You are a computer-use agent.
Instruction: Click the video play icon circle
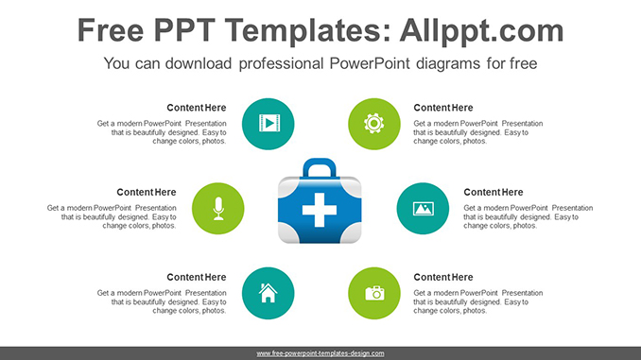click(269, 124)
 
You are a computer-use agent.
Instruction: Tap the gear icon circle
click(374, 124)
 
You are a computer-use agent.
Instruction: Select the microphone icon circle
click(217, 209)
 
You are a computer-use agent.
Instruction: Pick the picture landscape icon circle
click(423, 209)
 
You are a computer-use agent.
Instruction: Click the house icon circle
click(269, 294)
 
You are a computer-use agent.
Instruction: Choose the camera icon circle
click(374, 294)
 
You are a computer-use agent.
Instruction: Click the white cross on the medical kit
click(320, 210)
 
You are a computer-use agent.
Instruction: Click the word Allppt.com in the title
click(481, 30)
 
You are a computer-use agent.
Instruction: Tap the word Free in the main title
click(111, 30)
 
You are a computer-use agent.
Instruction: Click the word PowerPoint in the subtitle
click(369, 63)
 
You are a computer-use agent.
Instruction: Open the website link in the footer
click(320, 353)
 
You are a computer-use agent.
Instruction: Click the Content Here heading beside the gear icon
click(443, 108)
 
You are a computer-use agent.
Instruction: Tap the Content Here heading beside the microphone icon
click(147, 192)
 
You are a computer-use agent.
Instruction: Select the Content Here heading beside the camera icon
click(443, 277)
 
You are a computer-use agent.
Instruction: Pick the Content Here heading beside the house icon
click(197, 277)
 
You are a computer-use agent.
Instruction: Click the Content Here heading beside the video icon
click(197, 108)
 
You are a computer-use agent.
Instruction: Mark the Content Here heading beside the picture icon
click(493, 192)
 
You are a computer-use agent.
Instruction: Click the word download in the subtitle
click(199, 63)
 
